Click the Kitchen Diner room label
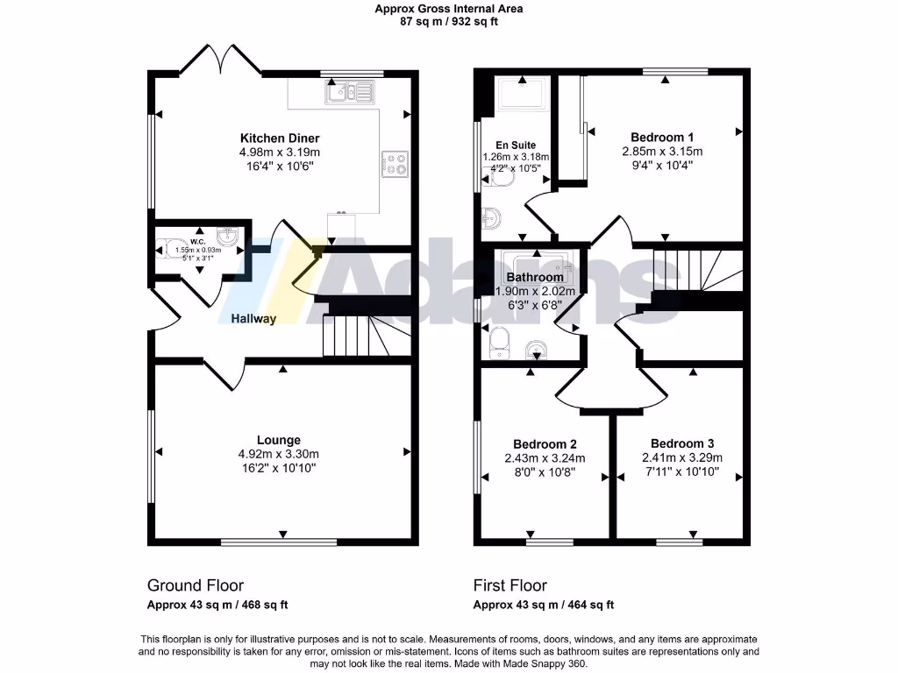click(x=280, y=138)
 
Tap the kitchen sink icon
click(x=350, y=91)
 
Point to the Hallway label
click(x=254, y=319)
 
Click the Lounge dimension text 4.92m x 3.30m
click(x=279, y=454)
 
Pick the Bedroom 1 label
click(x=662, y=137)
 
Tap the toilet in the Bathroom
click(x=500, y=339)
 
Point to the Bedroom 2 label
click(x=545, y=443)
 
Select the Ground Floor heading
click(x=195, y=585)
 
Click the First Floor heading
click(x=510, y=585)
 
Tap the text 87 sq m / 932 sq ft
click(x=449, y=22)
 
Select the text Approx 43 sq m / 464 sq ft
click(x=544, y=605)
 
